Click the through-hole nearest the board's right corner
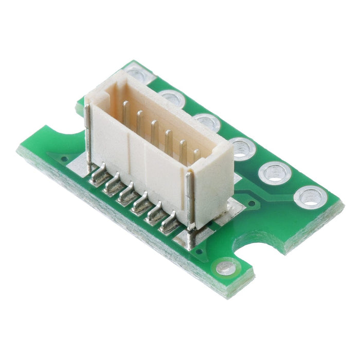point(310,196)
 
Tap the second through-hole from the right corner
point(275,172)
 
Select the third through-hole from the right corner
point(242,148)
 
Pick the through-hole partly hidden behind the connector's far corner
point(137,73)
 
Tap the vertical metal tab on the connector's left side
point(88,134)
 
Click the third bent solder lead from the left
point(127,194)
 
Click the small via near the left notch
point(64,159)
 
